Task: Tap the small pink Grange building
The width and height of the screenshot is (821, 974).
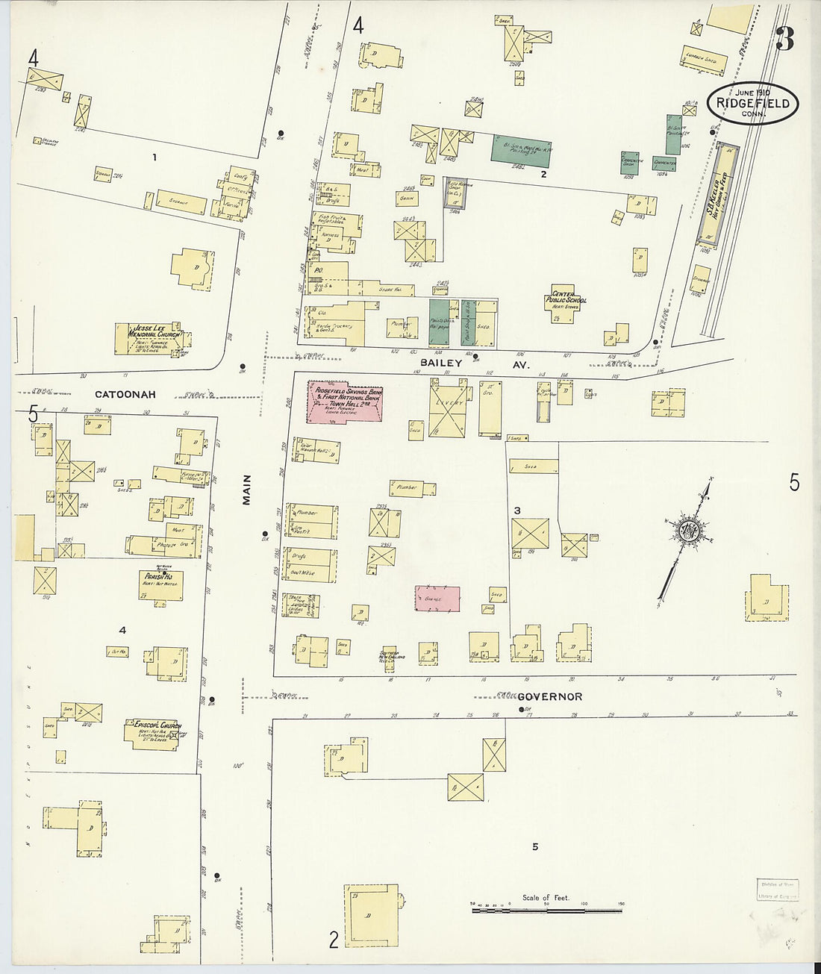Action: tap(437, 599)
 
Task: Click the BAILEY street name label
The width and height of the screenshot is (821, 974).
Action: tap(441, 362)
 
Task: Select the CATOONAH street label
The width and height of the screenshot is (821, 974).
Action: tap(125, 393)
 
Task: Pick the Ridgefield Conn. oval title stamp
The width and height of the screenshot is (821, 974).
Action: tap(753, 104)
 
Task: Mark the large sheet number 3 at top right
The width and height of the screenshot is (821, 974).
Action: tap(784, 39)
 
